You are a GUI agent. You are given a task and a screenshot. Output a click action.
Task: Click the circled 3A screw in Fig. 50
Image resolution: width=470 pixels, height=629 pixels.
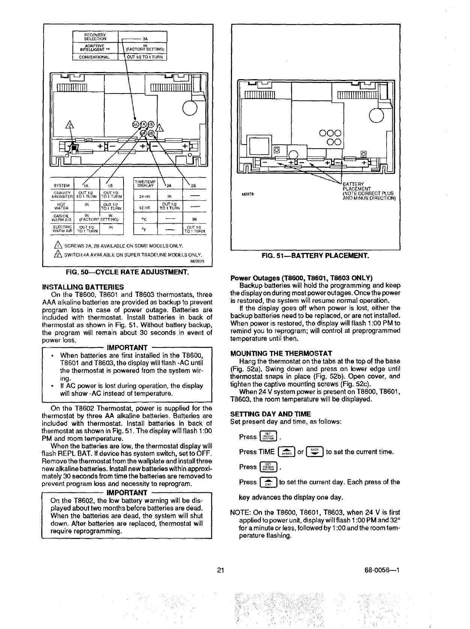tap(135, 125)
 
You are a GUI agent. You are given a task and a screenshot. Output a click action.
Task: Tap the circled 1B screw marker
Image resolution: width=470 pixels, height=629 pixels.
tap(151, 125)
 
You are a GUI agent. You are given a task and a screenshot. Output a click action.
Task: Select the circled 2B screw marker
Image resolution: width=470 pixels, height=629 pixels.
tap(151, 133)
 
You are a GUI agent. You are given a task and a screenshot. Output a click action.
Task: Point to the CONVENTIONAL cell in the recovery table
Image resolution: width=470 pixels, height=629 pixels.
tap(95, 57)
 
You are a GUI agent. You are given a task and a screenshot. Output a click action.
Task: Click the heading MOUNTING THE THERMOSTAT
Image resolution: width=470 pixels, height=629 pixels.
tap(281, 354)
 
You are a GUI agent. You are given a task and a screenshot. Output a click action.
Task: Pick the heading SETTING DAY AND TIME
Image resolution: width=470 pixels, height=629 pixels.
tap(270, 414)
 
